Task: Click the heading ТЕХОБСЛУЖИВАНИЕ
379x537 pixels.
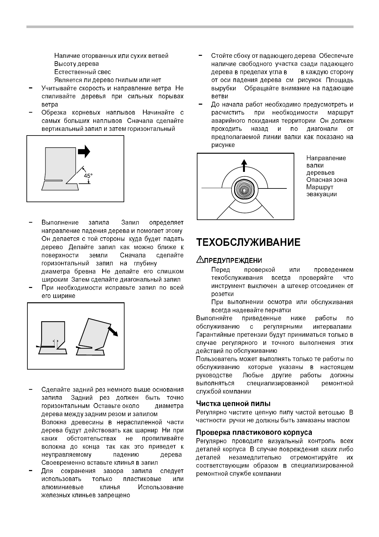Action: coord(248,242)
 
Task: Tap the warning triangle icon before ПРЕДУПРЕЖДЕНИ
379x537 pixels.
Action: coord(199,260)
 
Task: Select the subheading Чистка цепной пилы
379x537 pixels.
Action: coord(233,404)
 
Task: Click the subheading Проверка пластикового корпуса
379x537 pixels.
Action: coord(254,432)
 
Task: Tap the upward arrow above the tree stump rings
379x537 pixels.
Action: coord(244,166)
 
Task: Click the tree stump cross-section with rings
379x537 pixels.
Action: coord(244,189)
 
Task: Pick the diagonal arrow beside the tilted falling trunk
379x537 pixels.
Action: coord(113,331)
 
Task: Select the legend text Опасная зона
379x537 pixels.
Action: coord(326,180)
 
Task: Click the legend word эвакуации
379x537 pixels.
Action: coord(321,194)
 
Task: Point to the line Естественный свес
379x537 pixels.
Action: coord(82,72)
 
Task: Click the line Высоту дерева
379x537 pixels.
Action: coord(76,64)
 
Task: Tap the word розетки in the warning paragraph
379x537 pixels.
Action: coord(222,294)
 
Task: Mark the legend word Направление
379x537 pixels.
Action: coord(326,158)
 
